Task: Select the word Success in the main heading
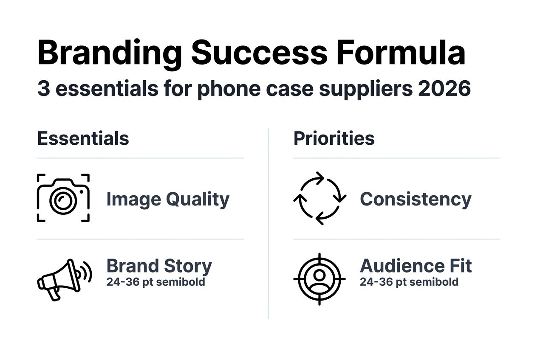259,53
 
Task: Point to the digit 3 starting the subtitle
43,89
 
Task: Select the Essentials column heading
83,138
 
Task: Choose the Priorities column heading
334,138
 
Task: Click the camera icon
63,198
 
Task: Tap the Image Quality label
167,199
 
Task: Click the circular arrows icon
319,198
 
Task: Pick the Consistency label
415,199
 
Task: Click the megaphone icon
64,279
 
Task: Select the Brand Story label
159,266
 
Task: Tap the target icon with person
319,279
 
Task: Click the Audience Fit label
415,266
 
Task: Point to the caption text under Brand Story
155,282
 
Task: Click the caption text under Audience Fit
409,282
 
